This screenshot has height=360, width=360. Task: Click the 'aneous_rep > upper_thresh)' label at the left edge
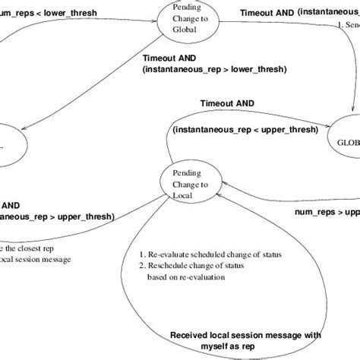tap(57, 216)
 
